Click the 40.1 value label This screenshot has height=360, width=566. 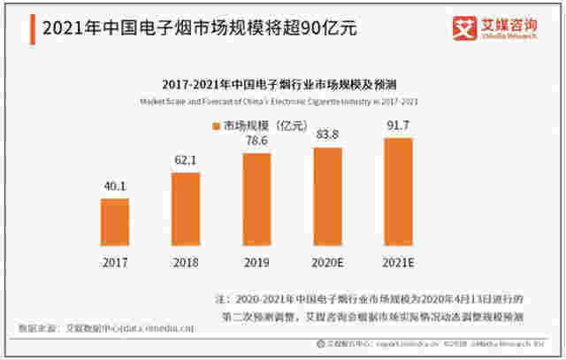115,187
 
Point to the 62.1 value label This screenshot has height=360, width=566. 186,161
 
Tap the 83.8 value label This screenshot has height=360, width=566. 327,134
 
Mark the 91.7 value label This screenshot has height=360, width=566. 398,126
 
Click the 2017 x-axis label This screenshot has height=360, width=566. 115,263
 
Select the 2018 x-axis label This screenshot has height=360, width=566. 186,263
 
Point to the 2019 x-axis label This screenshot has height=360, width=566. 256,263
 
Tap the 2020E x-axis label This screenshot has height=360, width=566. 327,263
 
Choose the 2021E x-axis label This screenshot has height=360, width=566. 398,263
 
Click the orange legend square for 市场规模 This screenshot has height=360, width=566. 215,126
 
